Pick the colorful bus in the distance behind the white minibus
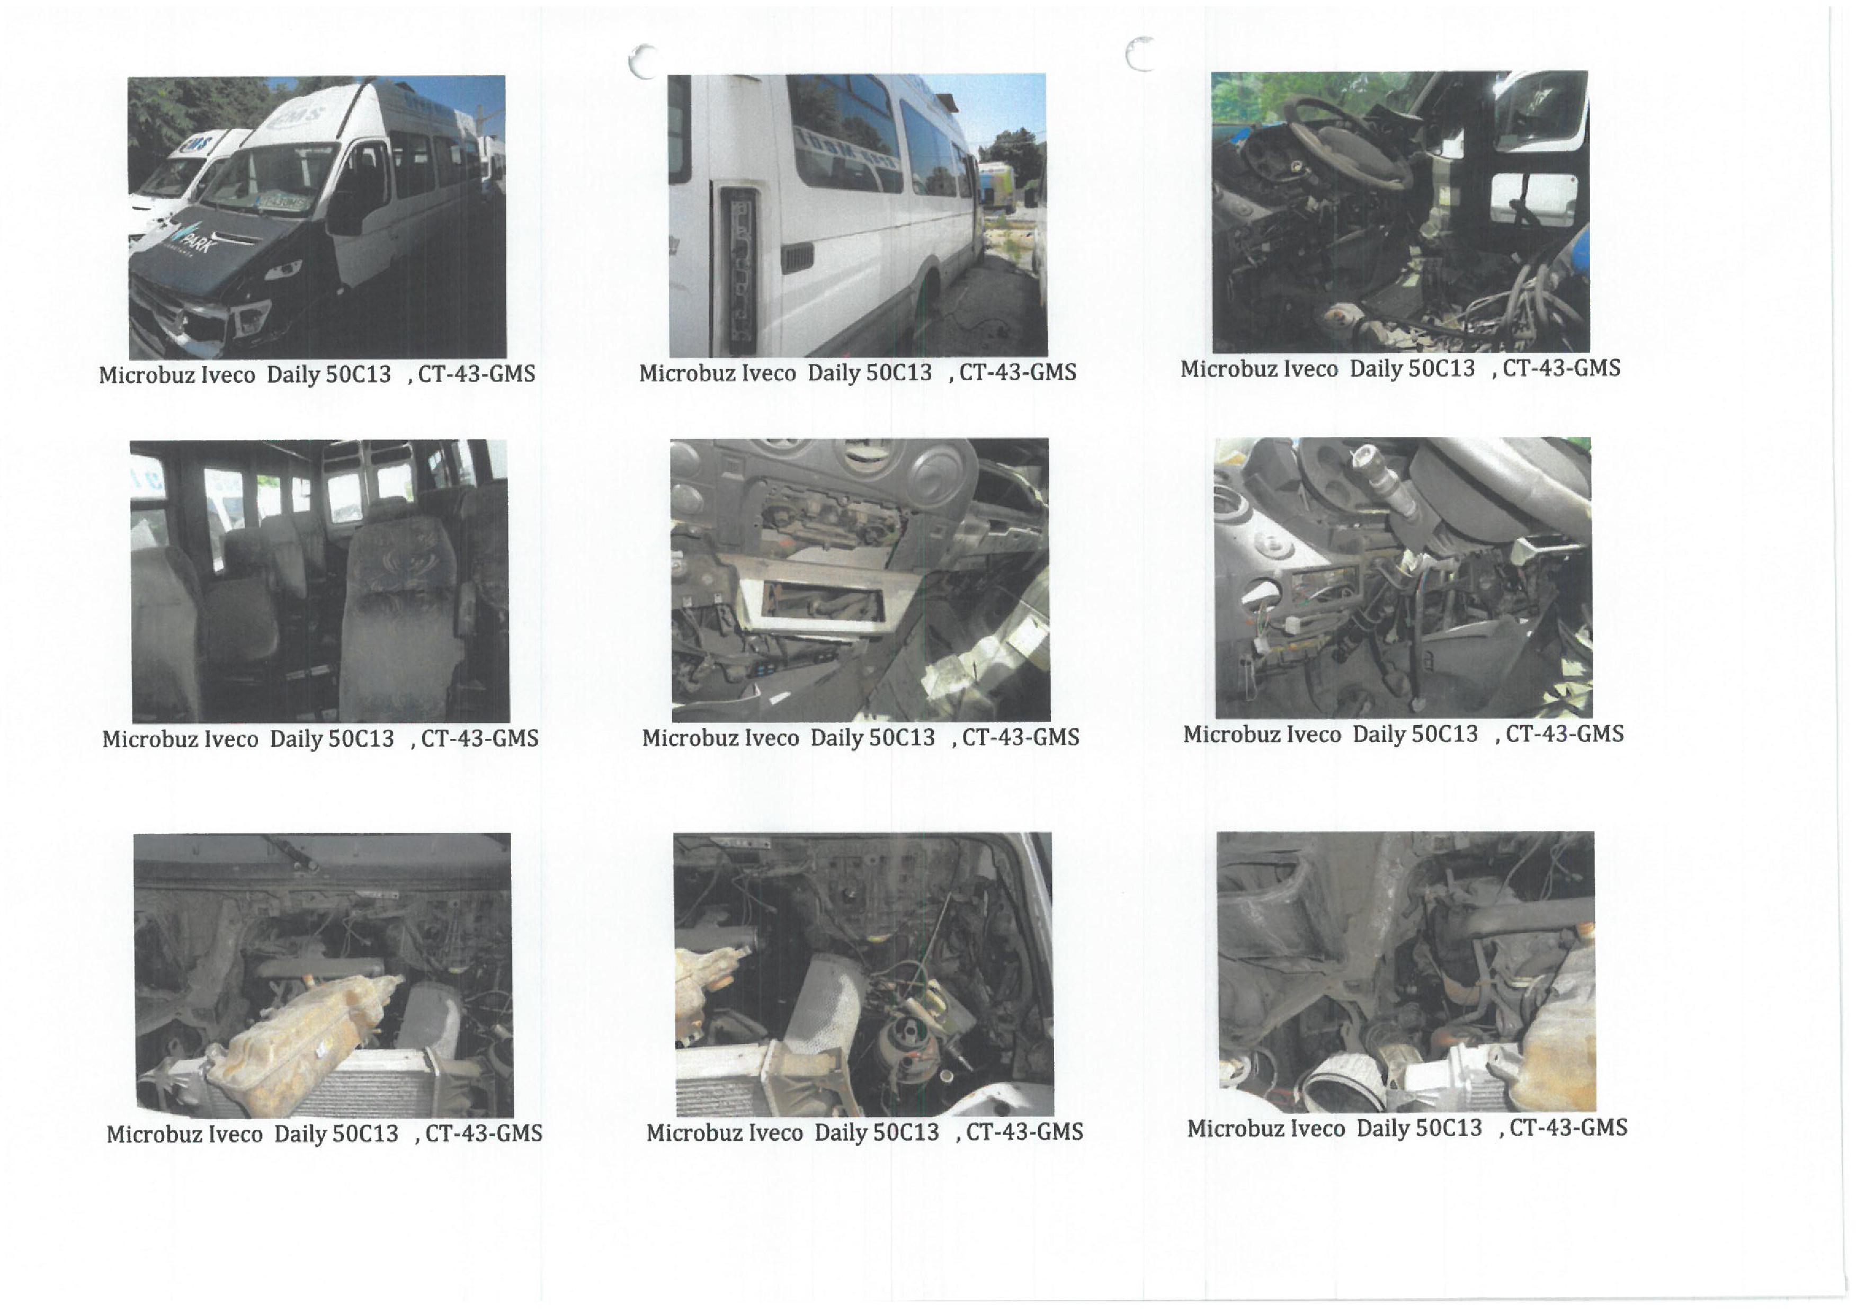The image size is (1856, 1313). click(997, 186)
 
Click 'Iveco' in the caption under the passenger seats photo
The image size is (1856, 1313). click(232, 739)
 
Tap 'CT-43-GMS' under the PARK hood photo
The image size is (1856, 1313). click(476, 373)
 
